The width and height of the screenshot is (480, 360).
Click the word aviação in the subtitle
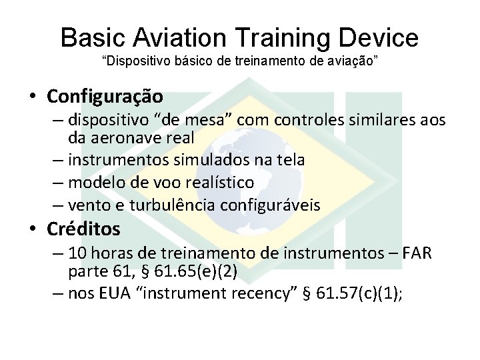pyautogui.click(x=358, y=61)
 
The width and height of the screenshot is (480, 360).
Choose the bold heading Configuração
pyautogui.click(x=105, y=97)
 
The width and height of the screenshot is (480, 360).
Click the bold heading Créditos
pyautogui.click(x=83, y=229)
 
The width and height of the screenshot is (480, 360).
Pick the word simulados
pyautogui.click(x=198, y=160)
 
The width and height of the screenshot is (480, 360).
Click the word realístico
pyautogui.click(x=220, y=182)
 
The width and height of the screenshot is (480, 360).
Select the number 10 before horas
pyautogui.click(x=77, y=253)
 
